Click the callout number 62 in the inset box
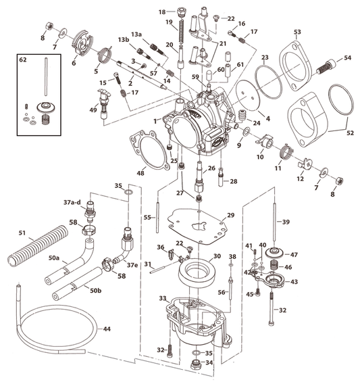[x=23, y=59]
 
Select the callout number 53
[x=297, y=32]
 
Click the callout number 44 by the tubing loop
[x=106, y=329]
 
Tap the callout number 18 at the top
[x=161, y=12]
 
